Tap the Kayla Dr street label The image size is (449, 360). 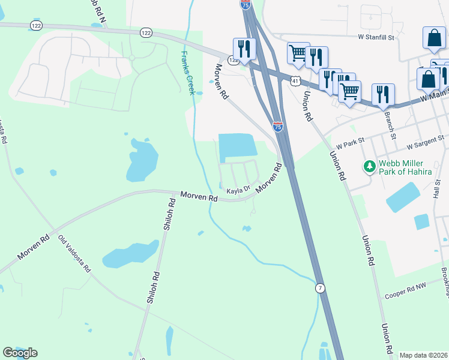click(x=238, y=191)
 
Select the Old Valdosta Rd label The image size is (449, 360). click(x=74, y=253)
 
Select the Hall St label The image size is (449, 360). click(x=438, y=193)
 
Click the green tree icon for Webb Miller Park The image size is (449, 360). click(x=369, y=166)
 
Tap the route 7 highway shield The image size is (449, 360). click(x=321, y=289)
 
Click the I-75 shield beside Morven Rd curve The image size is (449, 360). click(x=277, y=126)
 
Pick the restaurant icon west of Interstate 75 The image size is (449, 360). click(x=244, y=48)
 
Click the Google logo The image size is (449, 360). click(x=20, y=353)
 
